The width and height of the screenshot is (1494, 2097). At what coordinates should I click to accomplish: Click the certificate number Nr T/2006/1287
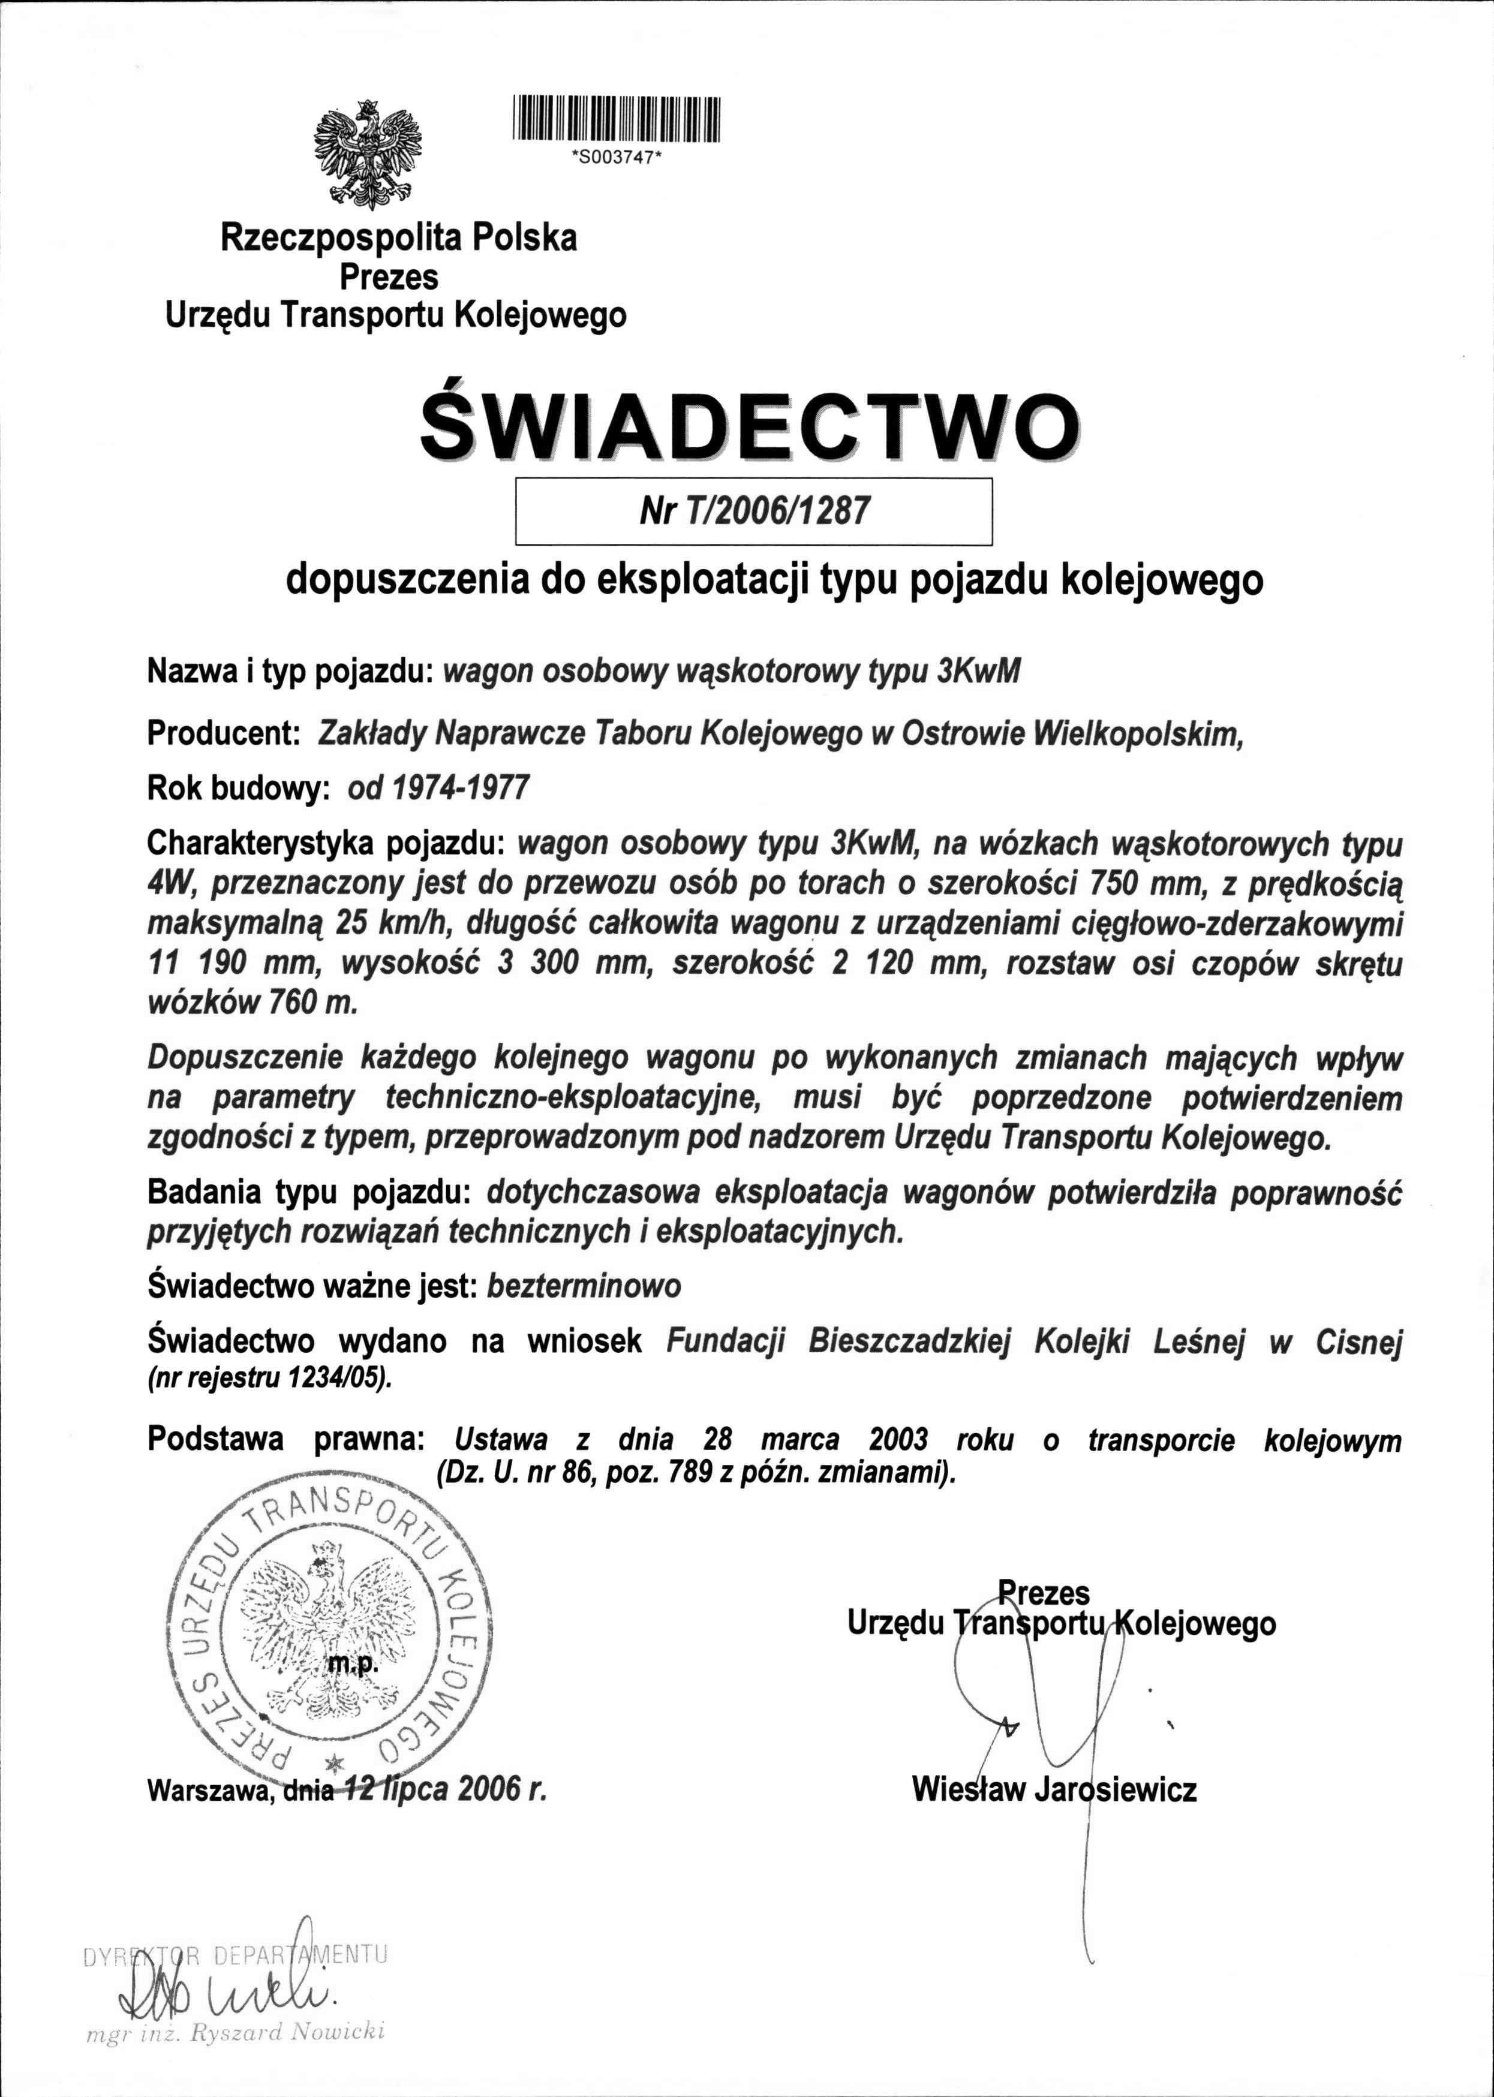[x=753, y=510]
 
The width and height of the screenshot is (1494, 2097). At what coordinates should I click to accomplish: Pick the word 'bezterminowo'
[x=584, y=1286]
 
